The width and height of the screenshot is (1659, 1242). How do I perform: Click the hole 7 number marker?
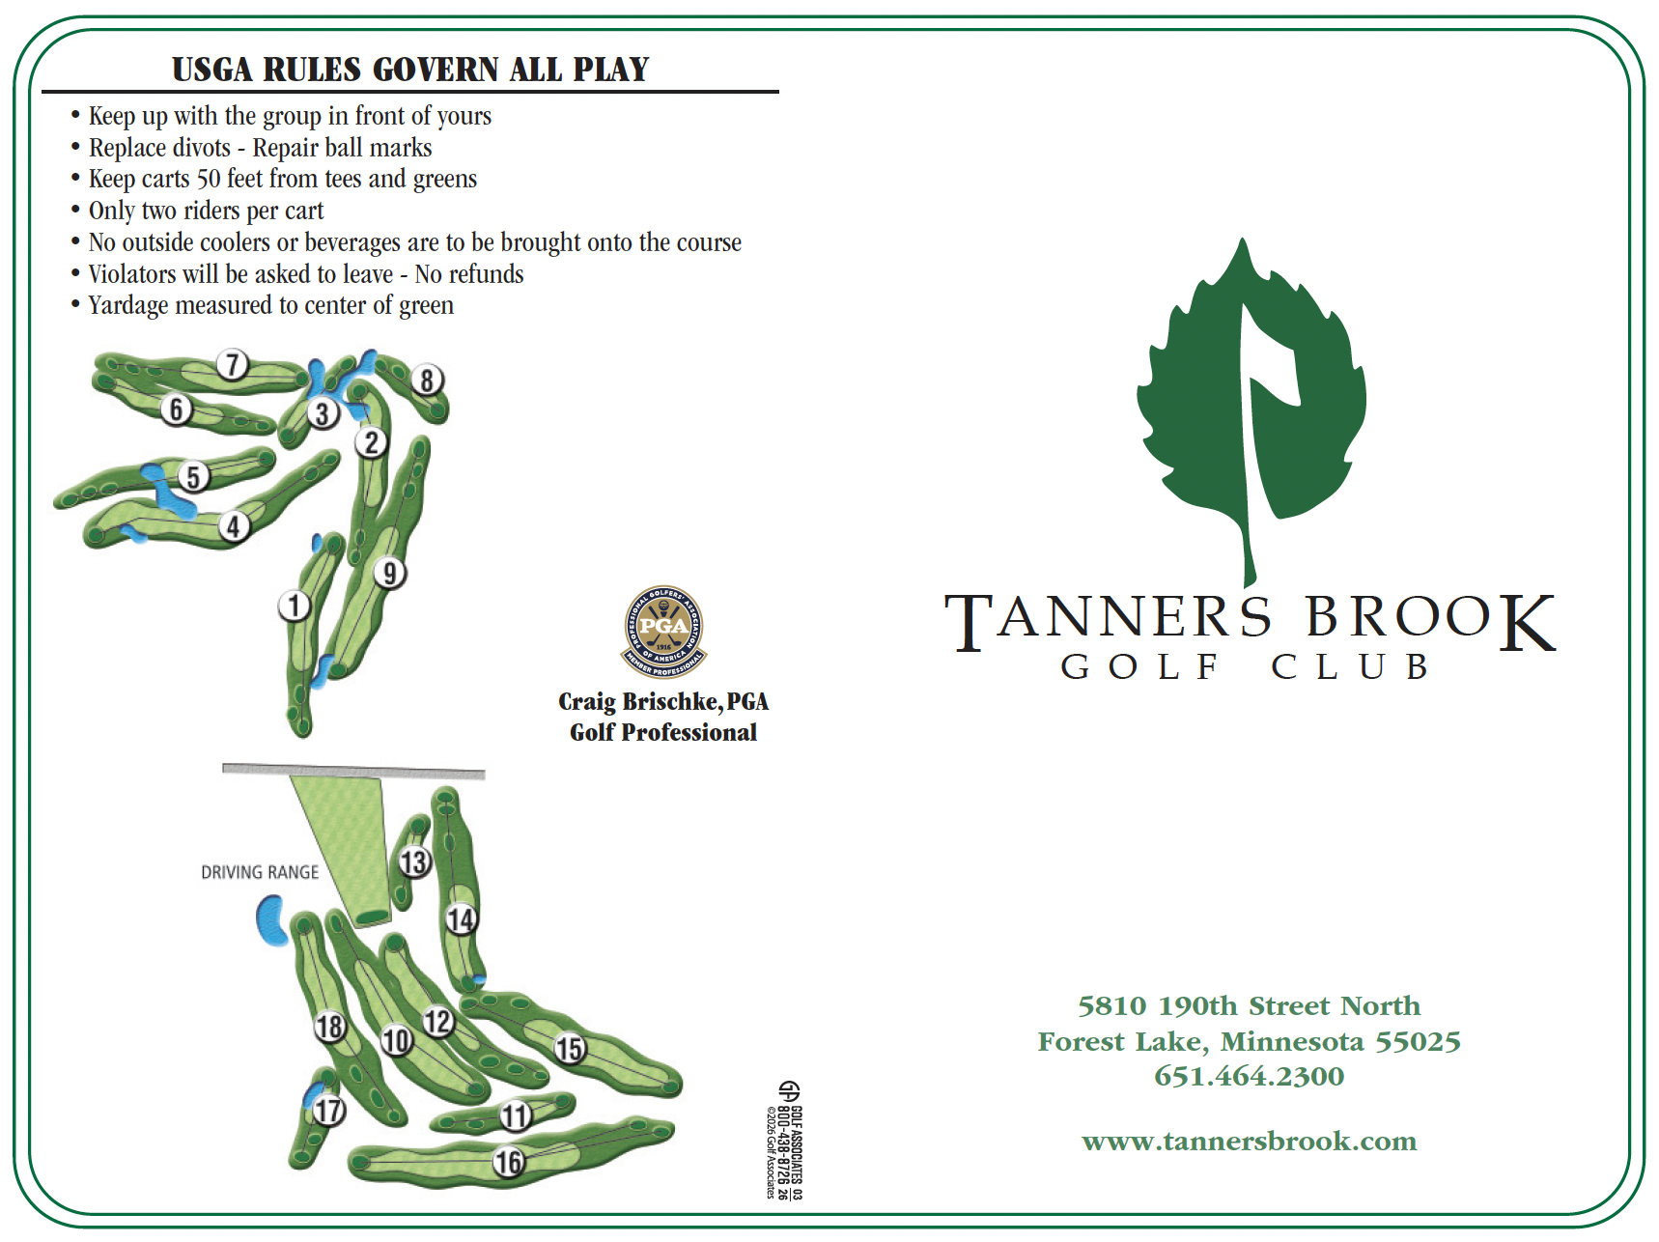pyautogui.click(x=232, y=365)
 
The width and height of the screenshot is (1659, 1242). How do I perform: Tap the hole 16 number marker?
pyautogui.click(x=508, y=1162)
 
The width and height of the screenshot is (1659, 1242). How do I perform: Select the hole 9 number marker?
pyautogui.click(x=389, y=573)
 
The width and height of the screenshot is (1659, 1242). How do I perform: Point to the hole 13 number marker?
pyautogui.click(x=414, y=861)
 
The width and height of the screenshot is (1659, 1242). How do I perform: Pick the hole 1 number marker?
pyautogui.click(x=295, y=607)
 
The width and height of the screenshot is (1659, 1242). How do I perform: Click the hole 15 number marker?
pyautogui.click(x=570, y=1048)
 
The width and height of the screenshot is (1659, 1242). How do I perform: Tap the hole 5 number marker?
pyautogui.click(x=194, y=477)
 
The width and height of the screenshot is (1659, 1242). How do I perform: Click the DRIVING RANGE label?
pyautogui.click(x=260, y=872)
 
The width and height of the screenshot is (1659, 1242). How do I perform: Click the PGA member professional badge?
pyautogui.click(x=663, y=632)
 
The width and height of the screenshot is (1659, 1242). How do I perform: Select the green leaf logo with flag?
pyautogui.click(x=1251, y=406)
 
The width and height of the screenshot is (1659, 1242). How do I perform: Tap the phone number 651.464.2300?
pyautogui.click(x=1249, y=1076)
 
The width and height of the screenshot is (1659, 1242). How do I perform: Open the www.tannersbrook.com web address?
pyautogui.click(x=1249, y=1142)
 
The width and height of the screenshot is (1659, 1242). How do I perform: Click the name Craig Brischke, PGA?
pyautogui.click(x=662, y=701)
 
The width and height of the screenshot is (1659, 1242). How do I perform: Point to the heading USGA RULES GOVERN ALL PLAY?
pyautogui.click(x=410, y=70)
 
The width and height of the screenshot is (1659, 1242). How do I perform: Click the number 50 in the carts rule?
pyautogui.click(x=209, y=180)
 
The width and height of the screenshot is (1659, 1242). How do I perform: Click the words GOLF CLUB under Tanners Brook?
pyautogui.click(x=1246, y=666)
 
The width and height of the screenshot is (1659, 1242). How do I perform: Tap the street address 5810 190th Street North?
pyautogui.click(x=1249, y=1006)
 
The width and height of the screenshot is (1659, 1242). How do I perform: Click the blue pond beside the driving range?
pyautogui.click(x=270, y=920)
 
